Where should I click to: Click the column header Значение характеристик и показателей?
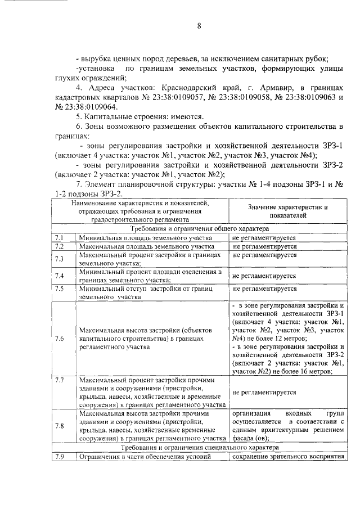(x=287, y=211)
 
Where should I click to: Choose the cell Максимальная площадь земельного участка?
(x=146, y=247)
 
